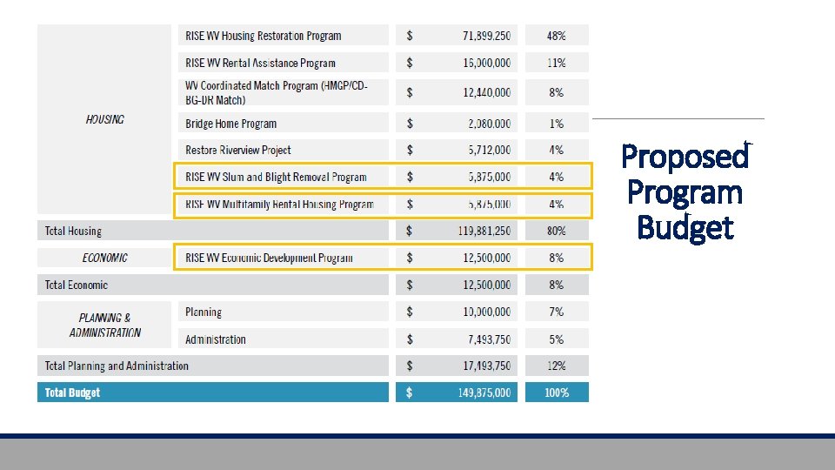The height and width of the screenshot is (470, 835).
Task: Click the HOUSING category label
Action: (104, 119)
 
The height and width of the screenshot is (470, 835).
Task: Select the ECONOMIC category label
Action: (104, 258)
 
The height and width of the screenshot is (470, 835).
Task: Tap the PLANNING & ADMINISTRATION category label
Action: (104, 325)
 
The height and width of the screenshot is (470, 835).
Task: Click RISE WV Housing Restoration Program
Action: (263, 36)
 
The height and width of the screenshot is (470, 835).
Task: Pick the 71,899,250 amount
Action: (486, 36)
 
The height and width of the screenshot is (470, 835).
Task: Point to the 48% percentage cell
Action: (556, 36)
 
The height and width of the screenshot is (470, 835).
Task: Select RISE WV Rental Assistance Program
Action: (260, 63)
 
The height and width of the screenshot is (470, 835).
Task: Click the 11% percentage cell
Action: (556, 63)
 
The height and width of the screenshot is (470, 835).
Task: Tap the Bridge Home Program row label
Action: (230, 124)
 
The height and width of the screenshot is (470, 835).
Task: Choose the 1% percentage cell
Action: (556, 124)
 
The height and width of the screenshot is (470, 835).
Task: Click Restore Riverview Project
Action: (237, 150)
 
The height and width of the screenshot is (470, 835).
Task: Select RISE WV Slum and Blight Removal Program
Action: (276, 177)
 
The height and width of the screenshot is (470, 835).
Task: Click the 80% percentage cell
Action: (556, 231)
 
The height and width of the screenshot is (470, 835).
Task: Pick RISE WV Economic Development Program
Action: (269, 258)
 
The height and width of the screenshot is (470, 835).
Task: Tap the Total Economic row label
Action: (77, 285)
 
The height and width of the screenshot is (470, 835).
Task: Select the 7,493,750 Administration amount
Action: (486, 339)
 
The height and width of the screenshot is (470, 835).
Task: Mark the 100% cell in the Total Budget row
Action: (556, 393)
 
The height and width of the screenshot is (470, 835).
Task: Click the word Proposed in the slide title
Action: (685, 158)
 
